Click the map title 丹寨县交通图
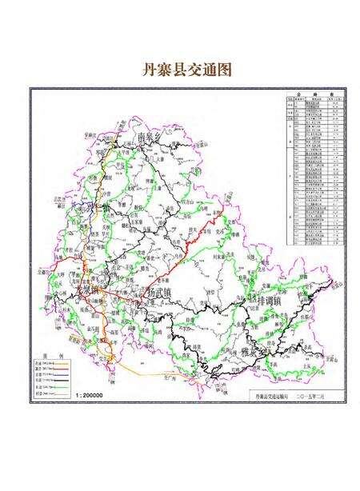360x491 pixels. [x=180, y=69]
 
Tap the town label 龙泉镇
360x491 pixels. [x=86, y=289]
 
